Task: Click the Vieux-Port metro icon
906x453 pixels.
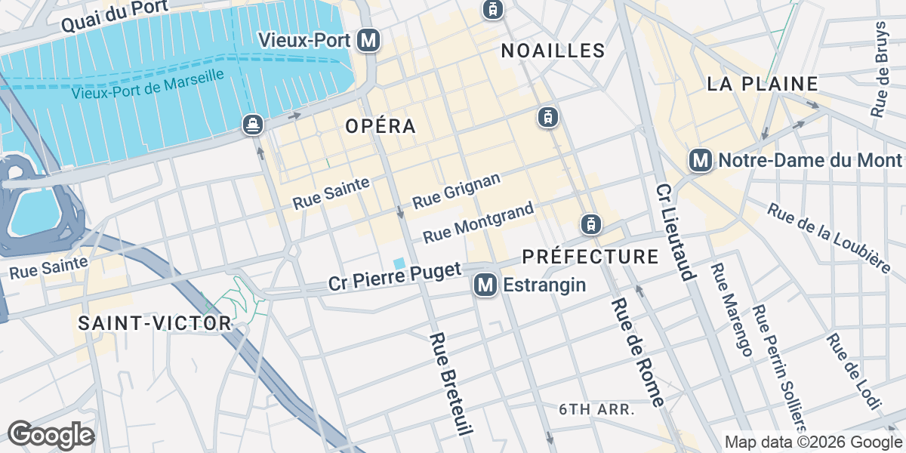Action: (369, 40)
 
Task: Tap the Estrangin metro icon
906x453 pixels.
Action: (485, 285)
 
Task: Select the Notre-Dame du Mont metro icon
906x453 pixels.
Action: (701, 160)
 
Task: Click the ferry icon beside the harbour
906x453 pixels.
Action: (253, 125)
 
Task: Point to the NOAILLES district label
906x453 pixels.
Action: (553, 51)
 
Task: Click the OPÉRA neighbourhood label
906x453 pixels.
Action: (381, 126)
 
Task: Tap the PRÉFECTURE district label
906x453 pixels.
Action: (590, 257)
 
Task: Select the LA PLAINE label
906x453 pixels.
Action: (763, 84)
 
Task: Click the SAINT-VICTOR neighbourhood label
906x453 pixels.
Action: (155, 323)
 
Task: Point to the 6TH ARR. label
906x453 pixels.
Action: (596, 409)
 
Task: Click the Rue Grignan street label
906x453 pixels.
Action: (457, 191)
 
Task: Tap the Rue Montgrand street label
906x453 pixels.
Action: (479, 223)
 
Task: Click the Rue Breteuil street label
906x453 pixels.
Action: (451, 383)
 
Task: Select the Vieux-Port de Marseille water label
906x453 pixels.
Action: (149, 85)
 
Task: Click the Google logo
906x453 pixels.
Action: (51, 435)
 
